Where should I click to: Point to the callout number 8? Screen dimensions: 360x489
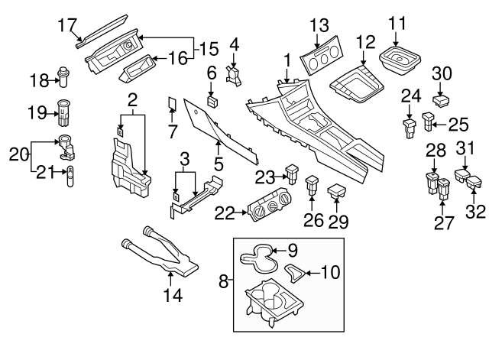(x=224, y=282)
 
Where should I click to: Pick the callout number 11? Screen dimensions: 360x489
(x=397, y=23)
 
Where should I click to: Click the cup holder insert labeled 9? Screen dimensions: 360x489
(x=257, y=260)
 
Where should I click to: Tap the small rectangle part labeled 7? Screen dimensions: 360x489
(x=172, y=104)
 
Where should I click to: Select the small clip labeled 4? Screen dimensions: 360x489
(x=235, y=74)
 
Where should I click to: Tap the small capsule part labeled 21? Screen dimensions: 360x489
(x=68, y=174)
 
